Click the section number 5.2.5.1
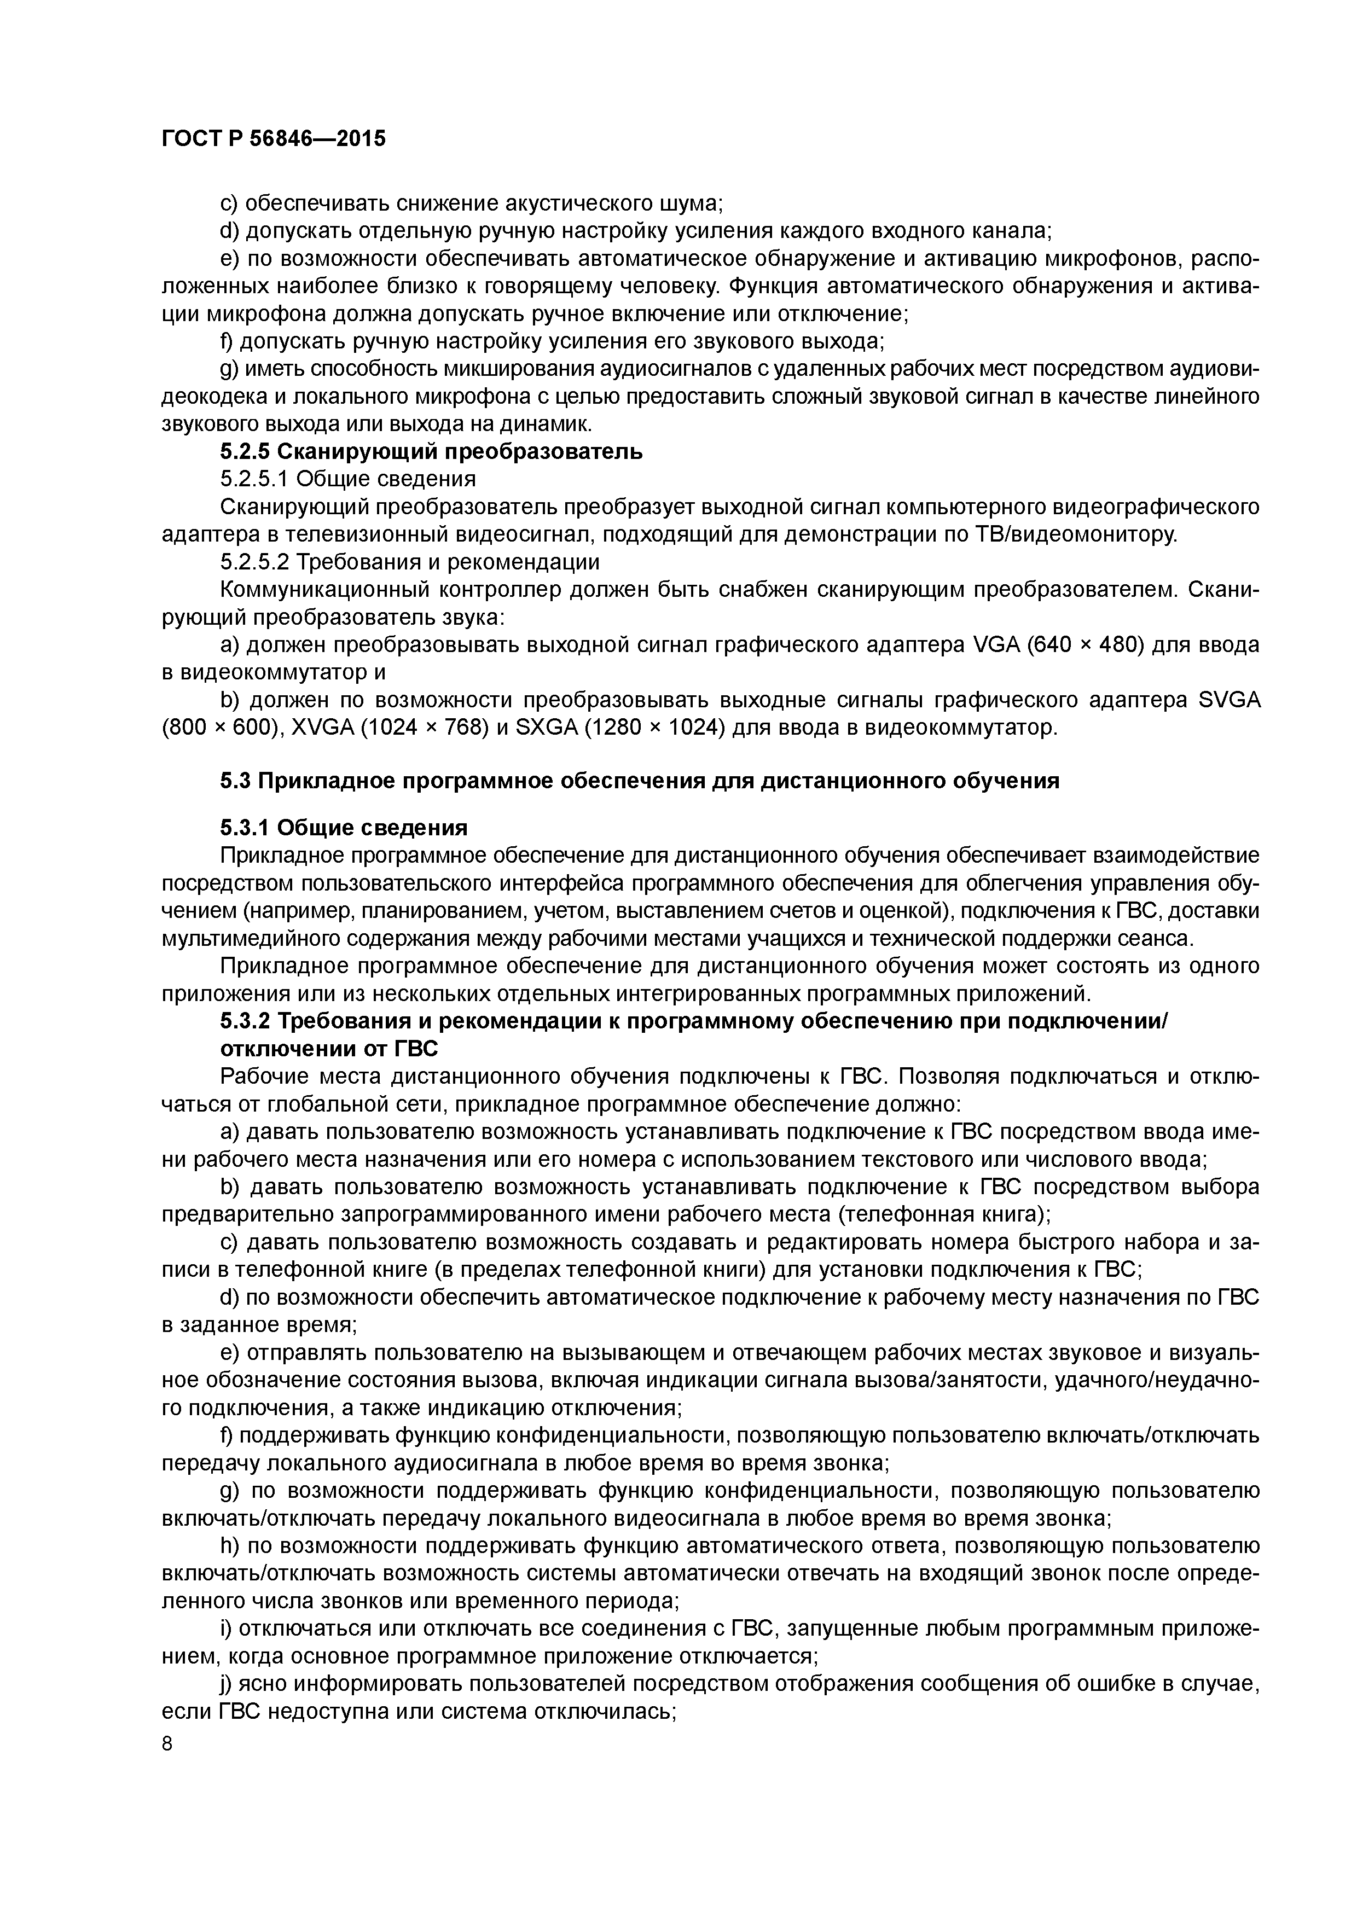coord(253,480)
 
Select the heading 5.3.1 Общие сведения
coord(344,828)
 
